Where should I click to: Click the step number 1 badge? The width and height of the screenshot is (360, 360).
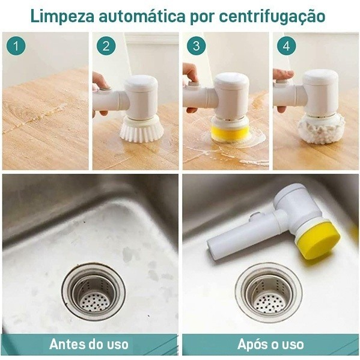pyautogui.click(x=16, y=46)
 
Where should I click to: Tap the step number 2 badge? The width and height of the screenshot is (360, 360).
pyautogui.click(x=106, y=46)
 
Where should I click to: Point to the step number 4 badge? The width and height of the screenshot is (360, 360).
pyautogui.click(x=286, y=46)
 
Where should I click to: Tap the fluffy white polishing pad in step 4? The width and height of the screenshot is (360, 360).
pyautogui.click(x=321, y=127)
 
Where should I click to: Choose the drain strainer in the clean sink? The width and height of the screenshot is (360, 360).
pyautogui.click(x=268, y=293)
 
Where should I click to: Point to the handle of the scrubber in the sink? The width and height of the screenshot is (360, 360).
pyautogui.click(x=240, y=238)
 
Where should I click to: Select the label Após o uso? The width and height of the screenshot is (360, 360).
pyautogui.click(x=270, y=344)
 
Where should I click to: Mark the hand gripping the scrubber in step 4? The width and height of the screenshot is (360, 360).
pyautogui.click(x=281, y=84)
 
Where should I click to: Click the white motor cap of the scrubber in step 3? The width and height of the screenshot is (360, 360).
pyautogui.click(x=231, y=90)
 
